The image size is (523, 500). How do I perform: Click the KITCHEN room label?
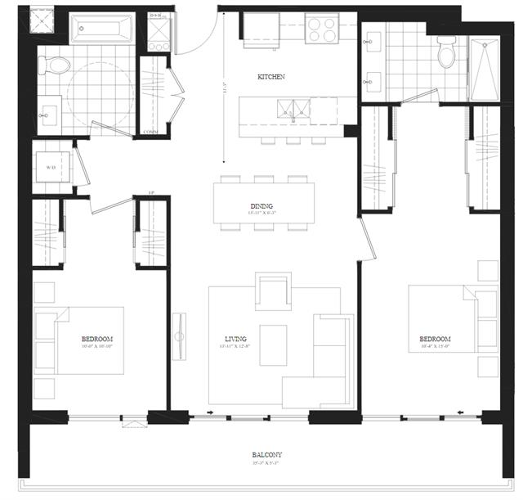pyautogui.click(x=270, y=77)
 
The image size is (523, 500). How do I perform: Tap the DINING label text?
pyautogui.click(x=262, y=206)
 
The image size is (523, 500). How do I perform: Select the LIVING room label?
pyautogui.click(x=236, y=338)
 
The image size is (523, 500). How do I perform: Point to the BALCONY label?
pyautogui.click(x=267, y=455)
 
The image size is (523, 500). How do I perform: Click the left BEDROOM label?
pyautogui.click(x=96, y=338)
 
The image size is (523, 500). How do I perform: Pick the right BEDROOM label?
pyautogui.click(x=434, y=339)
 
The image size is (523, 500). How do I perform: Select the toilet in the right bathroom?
pyautogui.click(x=446, y=53)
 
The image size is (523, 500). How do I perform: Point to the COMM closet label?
pyautogui.click(x=150, y=132)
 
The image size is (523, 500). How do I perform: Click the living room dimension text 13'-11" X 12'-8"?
pyautogui.click(x=236, y=348)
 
